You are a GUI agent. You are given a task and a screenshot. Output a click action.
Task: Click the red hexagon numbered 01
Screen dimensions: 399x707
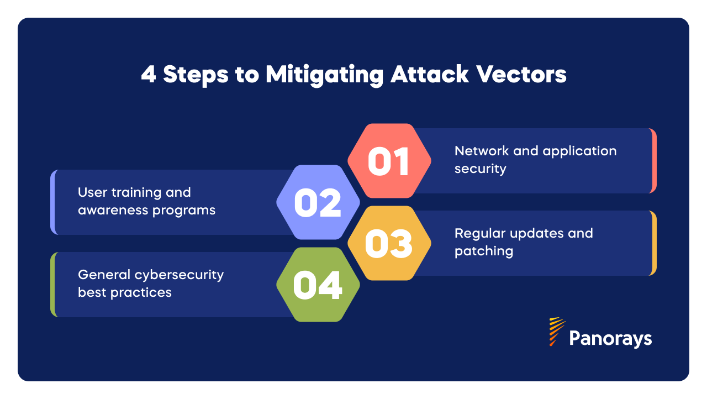(389, 161)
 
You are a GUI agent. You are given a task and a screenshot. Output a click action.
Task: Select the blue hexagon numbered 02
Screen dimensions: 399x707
(318, 202)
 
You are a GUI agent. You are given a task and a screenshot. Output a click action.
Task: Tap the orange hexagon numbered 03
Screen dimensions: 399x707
(389, 243)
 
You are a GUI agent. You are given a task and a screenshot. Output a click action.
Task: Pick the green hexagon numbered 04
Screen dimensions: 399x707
(318, 285)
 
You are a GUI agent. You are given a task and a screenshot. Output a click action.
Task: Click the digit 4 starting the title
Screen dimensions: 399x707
(148, 75)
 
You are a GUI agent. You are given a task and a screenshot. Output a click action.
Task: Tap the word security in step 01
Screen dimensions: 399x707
(480, 169)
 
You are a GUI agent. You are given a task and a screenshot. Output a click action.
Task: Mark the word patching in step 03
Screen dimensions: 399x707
(484, 251)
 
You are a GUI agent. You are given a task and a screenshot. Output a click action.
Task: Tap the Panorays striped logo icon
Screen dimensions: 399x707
(556, 332)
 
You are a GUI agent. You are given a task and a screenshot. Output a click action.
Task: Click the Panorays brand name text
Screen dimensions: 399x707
(610, 338)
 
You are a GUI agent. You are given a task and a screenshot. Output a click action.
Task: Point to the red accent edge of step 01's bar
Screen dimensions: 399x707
(653, 161)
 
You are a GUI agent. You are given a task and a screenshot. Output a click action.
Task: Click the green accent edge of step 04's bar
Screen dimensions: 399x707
(53, 285)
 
